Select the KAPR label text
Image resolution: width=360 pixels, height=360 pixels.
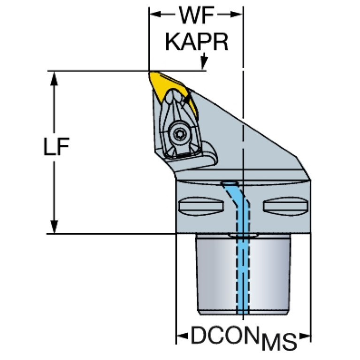(197, 42)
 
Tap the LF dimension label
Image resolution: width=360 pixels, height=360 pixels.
(56, 146)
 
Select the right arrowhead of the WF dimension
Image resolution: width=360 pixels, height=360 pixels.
(237, 15)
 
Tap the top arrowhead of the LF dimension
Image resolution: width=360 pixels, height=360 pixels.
(54, 78)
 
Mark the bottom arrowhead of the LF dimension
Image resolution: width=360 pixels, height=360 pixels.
(54, 226)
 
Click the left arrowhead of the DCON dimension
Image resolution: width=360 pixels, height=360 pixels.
(182, 336)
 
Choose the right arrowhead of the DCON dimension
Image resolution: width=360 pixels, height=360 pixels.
(305, 336)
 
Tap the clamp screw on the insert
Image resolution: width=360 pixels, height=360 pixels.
(178, 134)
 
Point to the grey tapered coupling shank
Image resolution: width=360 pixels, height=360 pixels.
(244, 275)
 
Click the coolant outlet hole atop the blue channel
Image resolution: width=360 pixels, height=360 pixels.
(230, 184)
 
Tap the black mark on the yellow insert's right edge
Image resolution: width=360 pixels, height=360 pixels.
(188, 99)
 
